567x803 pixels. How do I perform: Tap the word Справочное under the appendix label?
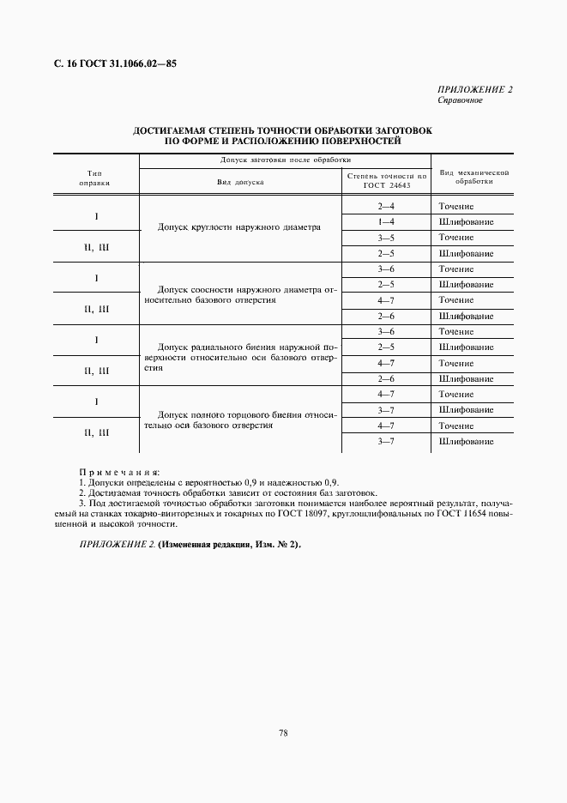(460, 100)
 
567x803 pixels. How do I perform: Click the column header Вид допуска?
(240, 182)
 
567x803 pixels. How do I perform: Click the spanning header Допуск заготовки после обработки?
(286, 160)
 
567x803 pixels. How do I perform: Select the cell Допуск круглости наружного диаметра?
(239, 228)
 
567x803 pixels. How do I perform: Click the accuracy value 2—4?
(386, 207)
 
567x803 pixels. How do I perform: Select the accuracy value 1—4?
(386, 222)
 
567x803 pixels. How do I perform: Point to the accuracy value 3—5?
(386, 238)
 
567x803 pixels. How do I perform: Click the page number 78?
(283, 732)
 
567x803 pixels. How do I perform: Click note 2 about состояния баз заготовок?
(227, 493)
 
